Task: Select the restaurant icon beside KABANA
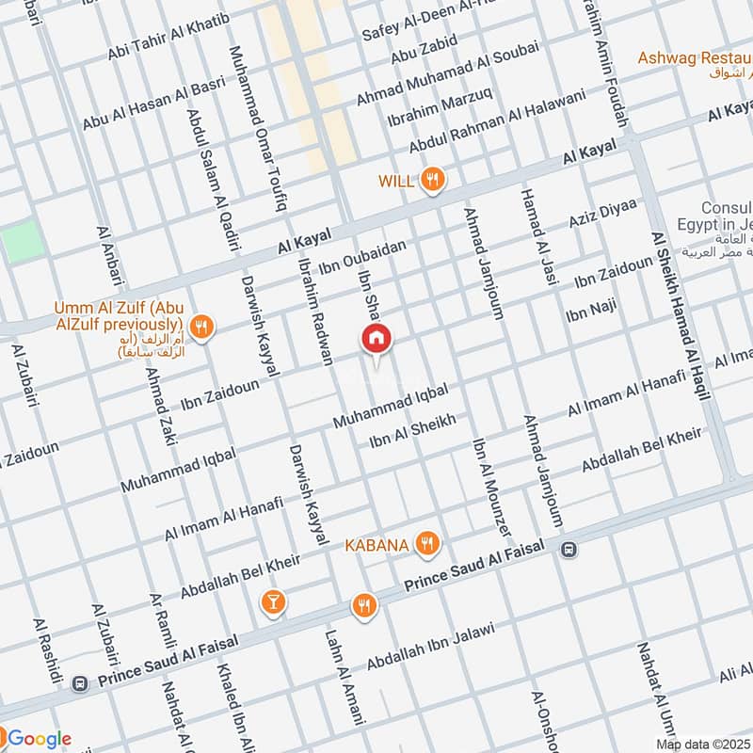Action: click(x=428, y=543)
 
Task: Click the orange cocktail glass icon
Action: click(x=273, y=601)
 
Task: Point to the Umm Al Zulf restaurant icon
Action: click(x=200, y=328)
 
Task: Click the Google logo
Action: click(x=38, y=738)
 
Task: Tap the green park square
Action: click(x=22, y=244)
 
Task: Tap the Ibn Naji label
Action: click(x=590, y=308)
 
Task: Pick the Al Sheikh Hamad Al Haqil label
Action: click(x=678, y=315)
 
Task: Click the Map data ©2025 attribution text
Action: click(x=702, y=744)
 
